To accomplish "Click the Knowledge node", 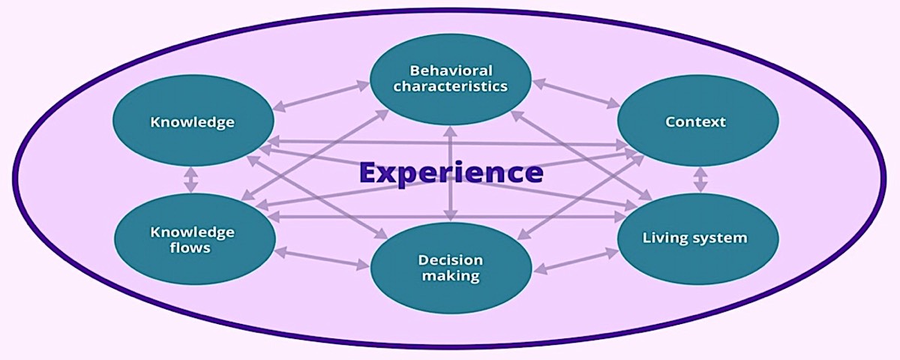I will pyautogui.click(x=192, y=121).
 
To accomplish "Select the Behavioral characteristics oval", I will pyautogui.click(x=451, y=78).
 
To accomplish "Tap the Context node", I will pyautogui.click(x=697, y=121).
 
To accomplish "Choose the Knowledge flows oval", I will pyautogui.click(x=192, y=238).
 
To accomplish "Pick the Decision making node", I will pyautogui.click(x=451, y=268).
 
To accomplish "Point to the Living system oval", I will pyautogui.click(x=697, y=238).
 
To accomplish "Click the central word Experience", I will pyautogui.click(x=451, y=172).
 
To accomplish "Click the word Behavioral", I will pyautogui.click(x=451, y=70).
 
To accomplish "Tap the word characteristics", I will pyautogui.click(x=451, y=85).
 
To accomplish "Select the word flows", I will pyautogui.click(x=191, y=247).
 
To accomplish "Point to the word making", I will pyautogui.click(x=451, y=276).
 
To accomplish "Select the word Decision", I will pyautogui.click(x=451, y=260).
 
